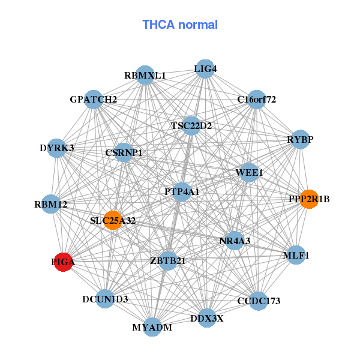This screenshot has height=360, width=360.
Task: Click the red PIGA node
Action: (64, 262)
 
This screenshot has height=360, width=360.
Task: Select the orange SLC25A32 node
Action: (112, 220)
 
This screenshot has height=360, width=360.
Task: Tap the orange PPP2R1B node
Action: (309, 199)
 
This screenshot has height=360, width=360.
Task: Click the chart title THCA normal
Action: (180, 25)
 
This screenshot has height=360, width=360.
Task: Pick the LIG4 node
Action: (205, 68)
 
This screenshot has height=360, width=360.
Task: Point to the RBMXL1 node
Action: (145, 76)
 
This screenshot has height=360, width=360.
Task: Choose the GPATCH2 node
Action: (94, 99)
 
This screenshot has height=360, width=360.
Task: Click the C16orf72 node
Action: (256, 99)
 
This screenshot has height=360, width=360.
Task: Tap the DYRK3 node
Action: (57, 148)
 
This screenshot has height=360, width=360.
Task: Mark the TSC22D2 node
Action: (191, 126)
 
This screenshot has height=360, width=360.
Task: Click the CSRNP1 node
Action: (124, 153)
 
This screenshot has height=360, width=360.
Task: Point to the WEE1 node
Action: (250, 173)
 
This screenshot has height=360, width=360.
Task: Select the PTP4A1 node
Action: (182, 192)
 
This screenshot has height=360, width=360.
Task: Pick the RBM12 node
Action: (51, 205)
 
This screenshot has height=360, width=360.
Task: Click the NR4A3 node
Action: (235, 241)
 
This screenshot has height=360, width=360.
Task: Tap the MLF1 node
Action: (296, 255)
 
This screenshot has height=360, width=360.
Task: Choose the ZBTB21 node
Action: (168, 260)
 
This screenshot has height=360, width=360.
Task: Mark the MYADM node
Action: (152, 327)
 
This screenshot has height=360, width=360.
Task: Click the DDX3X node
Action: (206, 318)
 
